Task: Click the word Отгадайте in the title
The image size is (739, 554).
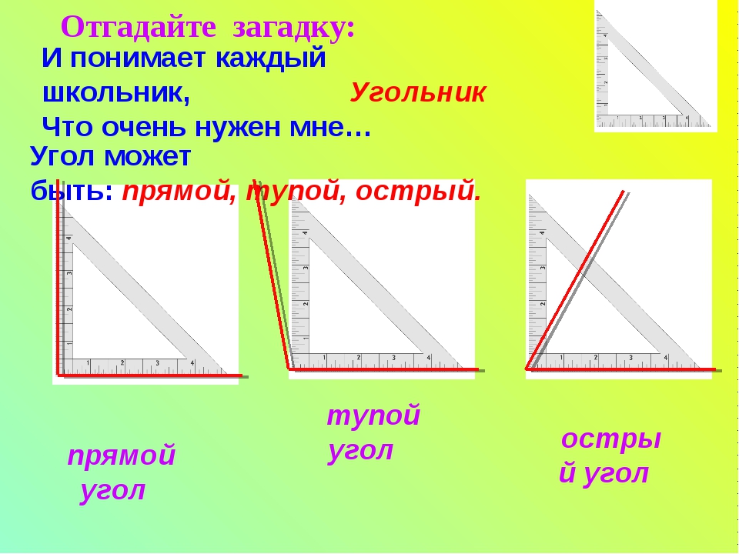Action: pyautogui.click(x=139, y=27)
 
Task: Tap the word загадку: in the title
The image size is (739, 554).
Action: pyautogui.click(x=293, y=28)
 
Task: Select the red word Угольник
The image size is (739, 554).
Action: pyautogui.click(x=417, y=92)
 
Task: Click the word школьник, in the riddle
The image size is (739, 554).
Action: pyautogui.click(x=116, y=93)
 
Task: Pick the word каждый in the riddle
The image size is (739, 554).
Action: pyautogui.click(x=270, y=59)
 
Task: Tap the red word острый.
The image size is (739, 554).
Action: pyautogui.click(x=418, y=190)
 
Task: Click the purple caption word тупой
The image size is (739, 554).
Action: pyautogui.click(x=373, y=415)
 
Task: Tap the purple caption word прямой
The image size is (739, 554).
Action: pyautogui.click(x=122, y=455)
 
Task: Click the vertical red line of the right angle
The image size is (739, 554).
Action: pyautogui.click(x=58, y=277)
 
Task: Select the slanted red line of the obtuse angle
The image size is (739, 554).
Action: pyautogui.click(x=272, y=274)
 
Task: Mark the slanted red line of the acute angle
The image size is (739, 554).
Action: pyautogui.click(x=575, y=280)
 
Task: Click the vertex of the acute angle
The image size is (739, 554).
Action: pyautogui.click(x=527, y=369)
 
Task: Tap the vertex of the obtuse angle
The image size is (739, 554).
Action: pyautogui.click(x=289, y=369)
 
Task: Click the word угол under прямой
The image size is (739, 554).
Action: pyautogui.click(x=112, y=490)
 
